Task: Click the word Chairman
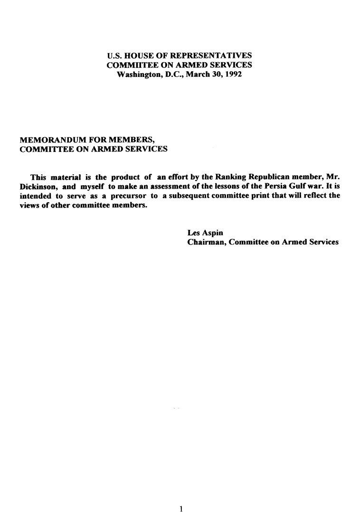206,242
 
